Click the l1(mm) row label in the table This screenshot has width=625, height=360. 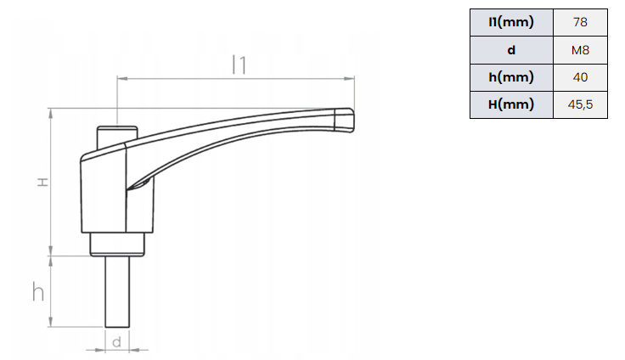[511, 22]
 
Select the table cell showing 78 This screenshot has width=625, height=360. [580, 22]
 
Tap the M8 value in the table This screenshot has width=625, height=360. [580, 50]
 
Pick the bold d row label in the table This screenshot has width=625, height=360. [511, 50]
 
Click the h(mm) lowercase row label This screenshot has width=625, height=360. [511, 77]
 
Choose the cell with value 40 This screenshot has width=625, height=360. [580, 77]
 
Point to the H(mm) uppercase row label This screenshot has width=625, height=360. [511, 104]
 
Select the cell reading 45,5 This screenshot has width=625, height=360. [580, 104]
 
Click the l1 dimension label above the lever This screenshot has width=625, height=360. [239, 65]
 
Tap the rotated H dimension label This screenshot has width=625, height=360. [42, 183]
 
